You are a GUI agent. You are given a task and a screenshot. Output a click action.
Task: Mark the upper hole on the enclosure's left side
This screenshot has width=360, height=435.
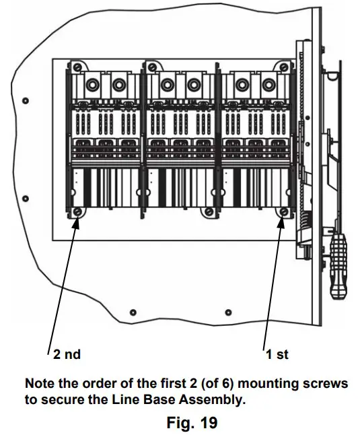pos(26,101)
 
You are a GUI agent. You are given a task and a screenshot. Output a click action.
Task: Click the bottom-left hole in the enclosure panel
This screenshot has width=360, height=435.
pos(133,312)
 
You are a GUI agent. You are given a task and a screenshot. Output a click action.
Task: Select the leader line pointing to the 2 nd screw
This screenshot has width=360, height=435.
pos(63,283)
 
